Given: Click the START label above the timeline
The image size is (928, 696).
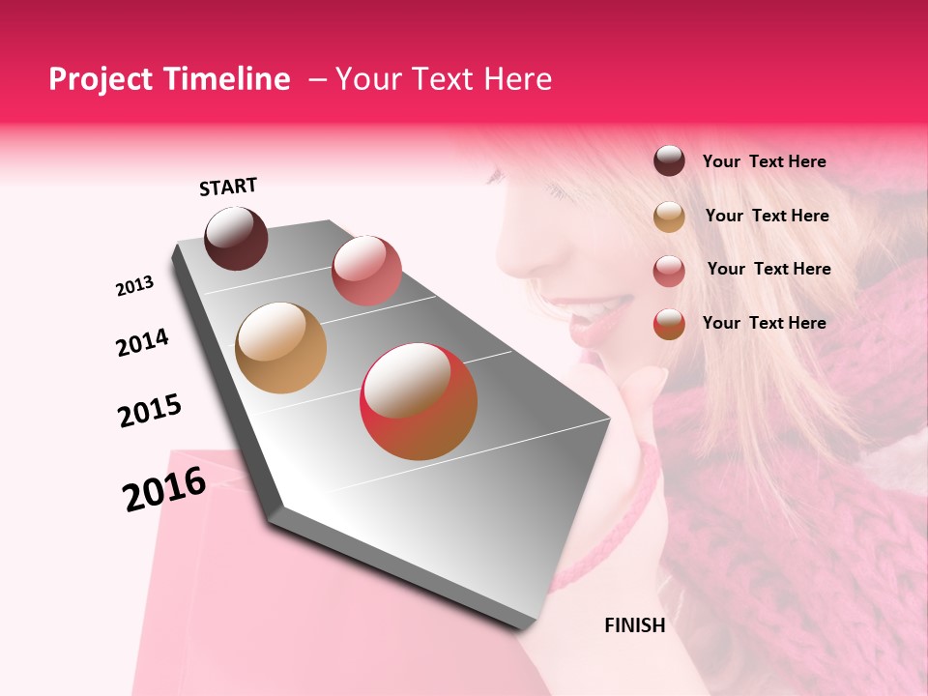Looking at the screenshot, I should click(x=228, y=187).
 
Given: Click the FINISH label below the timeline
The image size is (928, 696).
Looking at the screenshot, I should click(x=634, y=625).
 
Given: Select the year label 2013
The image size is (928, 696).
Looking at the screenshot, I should click(x=134, y=286).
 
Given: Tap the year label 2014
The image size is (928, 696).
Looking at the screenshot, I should click(x=142, y=343).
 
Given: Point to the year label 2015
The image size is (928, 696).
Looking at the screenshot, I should click(x=150, y=411).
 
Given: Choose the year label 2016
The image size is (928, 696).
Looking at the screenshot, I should click(x=164, y=489).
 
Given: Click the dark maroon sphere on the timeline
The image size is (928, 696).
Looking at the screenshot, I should click(x=236, y=238).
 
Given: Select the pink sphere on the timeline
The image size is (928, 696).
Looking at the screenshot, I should click(x=365, y=270).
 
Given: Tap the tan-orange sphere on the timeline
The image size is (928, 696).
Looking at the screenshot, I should click(x=280, y=348).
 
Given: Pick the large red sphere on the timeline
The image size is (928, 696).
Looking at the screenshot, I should click(x=419, y=401).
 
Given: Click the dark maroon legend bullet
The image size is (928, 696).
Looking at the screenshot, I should click(x=669, y=161).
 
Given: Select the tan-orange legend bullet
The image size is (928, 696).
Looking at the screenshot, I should click(x=669, y=217).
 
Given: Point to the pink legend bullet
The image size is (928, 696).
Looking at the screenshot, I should click(x=669, y=271).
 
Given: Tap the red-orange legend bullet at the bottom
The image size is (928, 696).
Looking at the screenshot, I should click(x=669, y=324).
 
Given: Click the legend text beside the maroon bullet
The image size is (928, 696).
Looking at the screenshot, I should click(x=764, y=161).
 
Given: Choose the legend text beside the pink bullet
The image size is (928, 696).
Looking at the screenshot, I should click(x=768, y=269).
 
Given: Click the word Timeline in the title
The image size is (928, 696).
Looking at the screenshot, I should click(x=228, y=79).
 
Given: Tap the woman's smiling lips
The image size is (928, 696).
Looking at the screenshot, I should click(x=594, y=316).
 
